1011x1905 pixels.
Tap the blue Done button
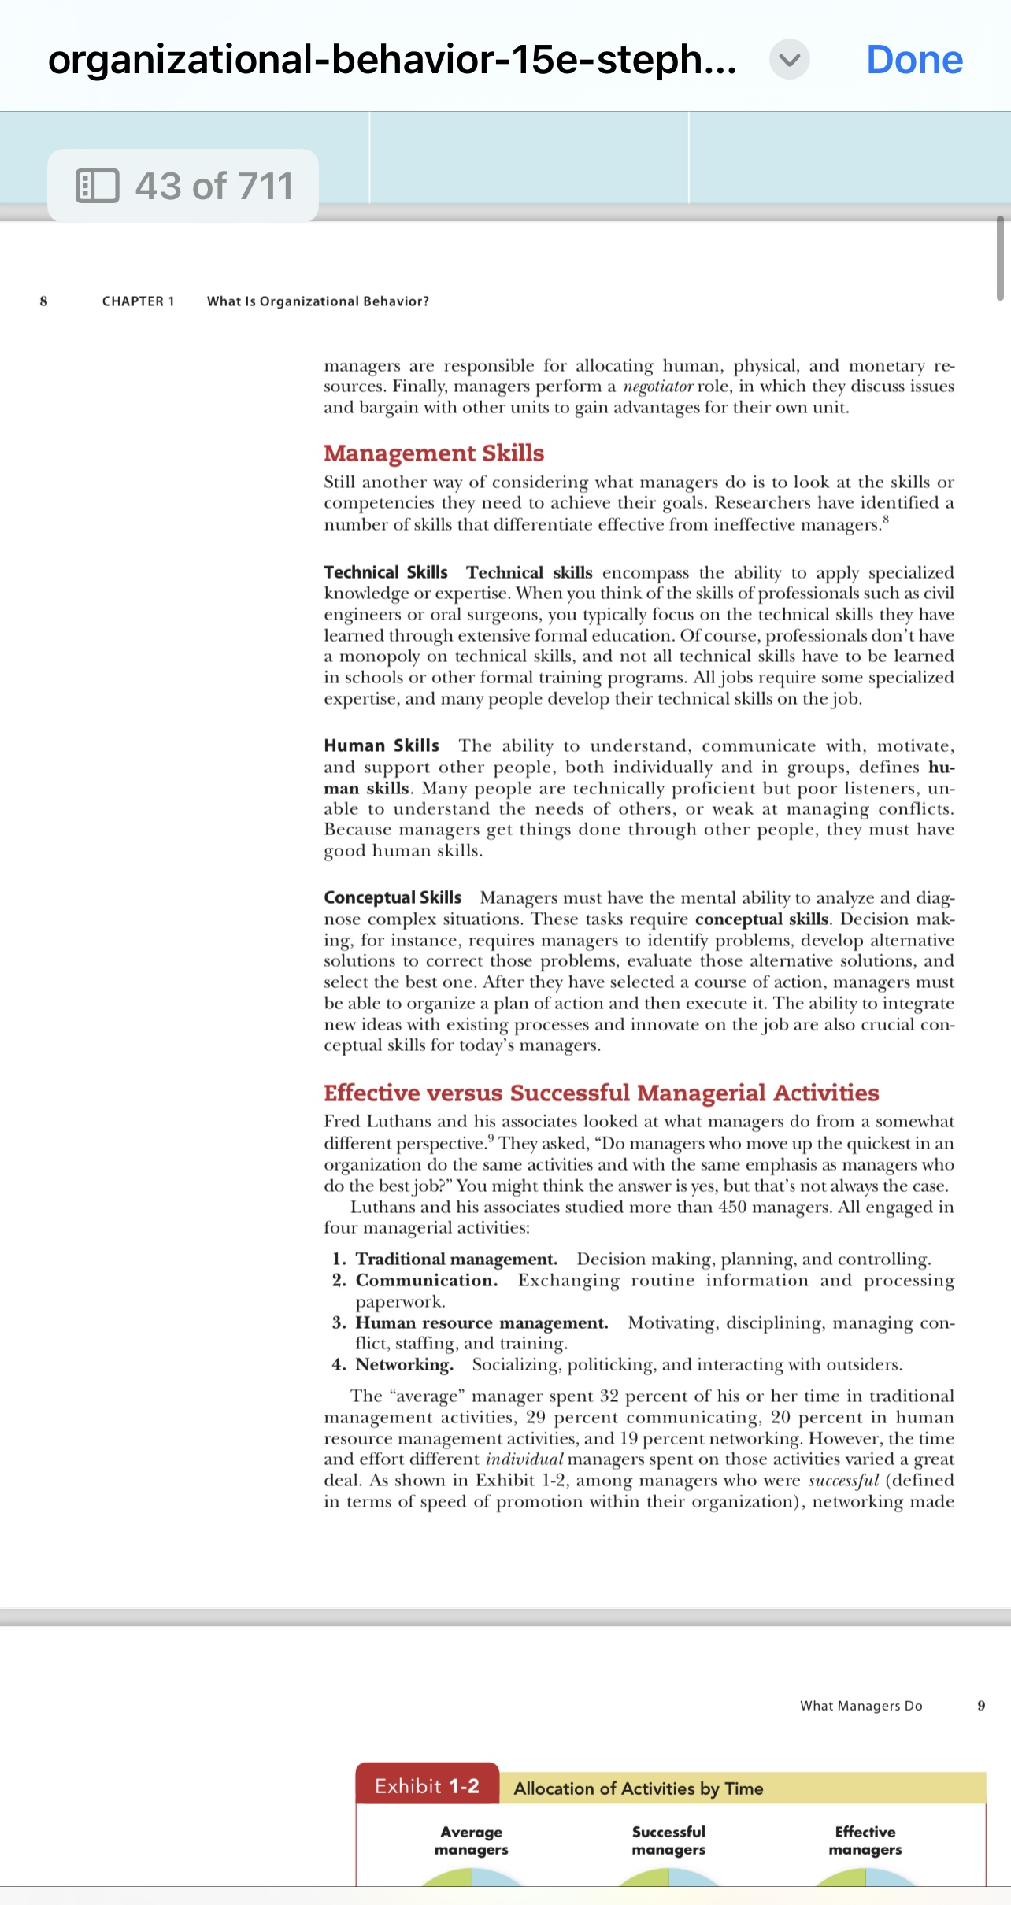[x=914, y=60]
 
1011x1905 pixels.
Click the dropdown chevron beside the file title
[x=789, y=60]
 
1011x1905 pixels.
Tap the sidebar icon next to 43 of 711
[x=98, y=186]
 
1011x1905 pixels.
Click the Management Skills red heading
[x=434, y=453]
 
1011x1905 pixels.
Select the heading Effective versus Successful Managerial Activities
[x=601, y=1093]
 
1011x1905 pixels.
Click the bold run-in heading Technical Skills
[x=385, y=572]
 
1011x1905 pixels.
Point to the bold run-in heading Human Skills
[x=381, y=745]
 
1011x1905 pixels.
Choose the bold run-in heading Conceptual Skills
[x=392, y=897]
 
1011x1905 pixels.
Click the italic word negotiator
[x=657, y=387]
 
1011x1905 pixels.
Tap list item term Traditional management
[x=456, y=1259]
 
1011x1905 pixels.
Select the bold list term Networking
[x=404, y=1364]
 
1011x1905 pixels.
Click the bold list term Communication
[x=426, y=1280]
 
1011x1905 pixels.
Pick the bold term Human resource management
[x=481, y=1322]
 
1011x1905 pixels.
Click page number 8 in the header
[x=43, y=301]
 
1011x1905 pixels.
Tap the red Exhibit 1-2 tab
[x=427, y=1786]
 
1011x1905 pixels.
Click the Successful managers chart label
[x=668, y=1840]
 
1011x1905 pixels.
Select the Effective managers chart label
[x=865, y=1840]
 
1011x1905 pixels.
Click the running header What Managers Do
[x=861, y=1706]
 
